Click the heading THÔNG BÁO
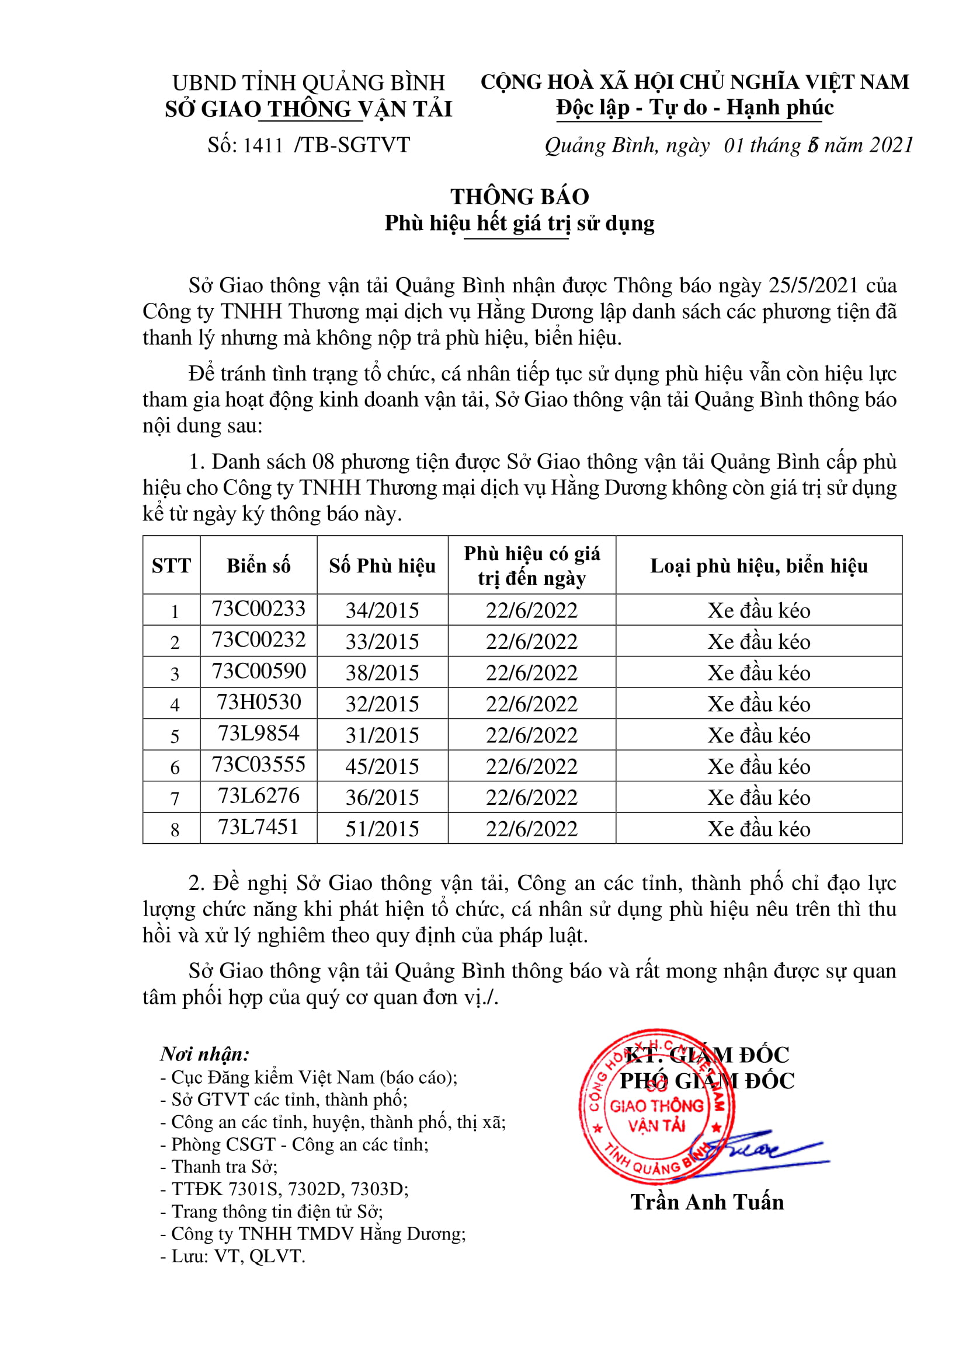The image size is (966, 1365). click(x=519, y=197)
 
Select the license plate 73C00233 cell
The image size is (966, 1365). click(x=259, y=609)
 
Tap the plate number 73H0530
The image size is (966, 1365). click(x=259, y=702)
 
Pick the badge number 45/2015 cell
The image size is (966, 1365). click(x=382, y=766)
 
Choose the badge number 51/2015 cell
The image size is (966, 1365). click(x=382, y=829)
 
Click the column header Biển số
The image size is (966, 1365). click(x=259, y=565)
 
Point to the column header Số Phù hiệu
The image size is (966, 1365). click(x=382, y=565)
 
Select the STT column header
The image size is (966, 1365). click(x=171, y=565)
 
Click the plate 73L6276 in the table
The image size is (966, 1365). click(x=259, y=795)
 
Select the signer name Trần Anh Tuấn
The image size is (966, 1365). click(x=707, y=1202)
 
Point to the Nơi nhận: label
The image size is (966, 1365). click(x=204, y=1054)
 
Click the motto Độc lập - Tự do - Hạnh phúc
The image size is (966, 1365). click(x=695, y=107)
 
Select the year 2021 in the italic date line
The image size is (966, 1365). click(x=891, y=145)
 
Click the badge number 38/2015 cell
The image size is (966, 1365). click(x=382, y=673)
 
